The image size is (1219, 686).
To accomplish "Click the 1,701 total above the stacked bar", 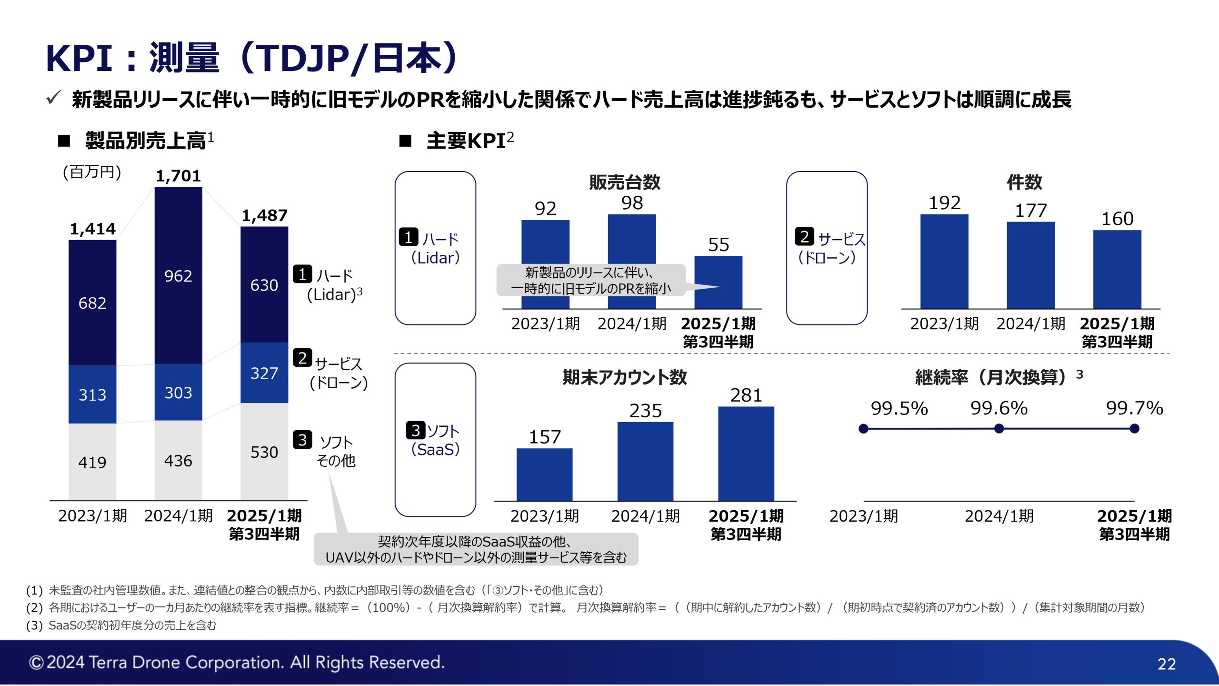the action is [x=178, y=176].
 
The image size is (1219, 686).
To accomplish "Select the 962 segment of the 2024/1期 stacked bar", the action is [x=178, y=276].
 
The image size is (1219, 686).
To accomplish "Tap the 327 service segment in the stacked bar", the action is [x=264, y=373].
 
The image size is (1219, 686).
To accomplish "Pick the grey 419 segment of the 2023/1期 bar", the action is [x=92, y=462].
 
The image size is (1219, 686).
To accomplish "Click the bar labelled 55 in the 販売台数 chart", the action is [x=718, y=282].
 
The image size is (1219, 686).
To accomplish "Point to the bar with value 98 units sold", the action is [x=632, y=261].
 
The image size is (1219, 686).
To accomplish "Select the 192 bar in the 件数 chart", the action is [x=944, y=261].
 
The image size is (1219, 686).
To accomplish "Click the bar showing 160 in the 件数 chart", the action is [x=1117, y=269].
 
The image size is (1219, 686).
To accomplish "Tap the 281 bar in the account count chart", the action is [x=746, y=454].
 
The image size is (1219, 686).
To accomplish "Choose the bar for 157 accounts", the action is [x=545, y=474].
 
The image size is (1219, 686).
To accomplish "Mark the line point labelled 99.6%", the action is [x=999, y=429].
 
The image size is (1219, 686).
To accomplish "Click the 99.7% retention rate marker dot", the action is [x=1135, y=429].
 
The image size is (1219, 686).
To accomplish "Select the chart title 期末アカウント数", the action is [x=625, y=377].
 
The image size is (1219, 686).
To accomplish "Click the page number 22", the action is [x=1167, y=664].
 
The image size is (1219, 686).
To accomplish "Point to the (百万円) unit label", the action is [x=92, y=171].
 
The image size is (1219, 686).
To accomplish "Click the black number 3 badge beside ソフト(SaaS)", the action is [x=416, y=430].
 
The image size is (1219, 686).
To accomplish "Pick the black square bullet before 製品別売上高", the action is [x=64, y=141].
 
